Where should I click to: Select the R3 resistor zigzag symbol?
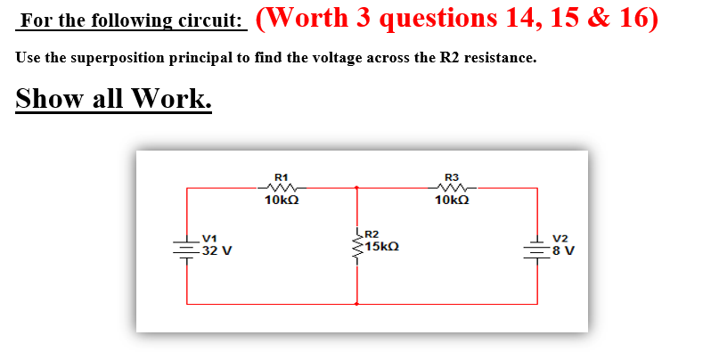coord(452,188)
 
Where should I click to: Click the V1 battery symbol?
coord(187,246)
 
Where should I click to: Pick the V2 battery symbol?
coord(537,246)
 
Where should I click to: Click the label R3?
coord(452,176)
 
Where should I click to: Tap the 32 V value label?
coord(217,250)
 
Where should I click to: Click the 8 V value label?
coord(564,250)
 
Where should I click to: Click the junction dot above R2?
coord(357,188)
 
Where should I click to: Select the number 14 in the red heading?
coord(504,19)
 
